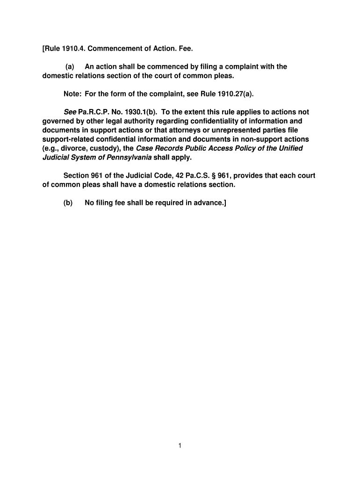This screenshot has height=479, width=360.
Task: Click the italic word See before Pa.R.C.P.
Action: tap(70, 112)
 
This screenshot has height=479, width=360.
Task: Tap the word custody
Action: tap(102, 148)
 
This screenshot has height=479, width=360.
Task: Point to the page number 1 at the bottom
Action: tap(180, 446)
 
